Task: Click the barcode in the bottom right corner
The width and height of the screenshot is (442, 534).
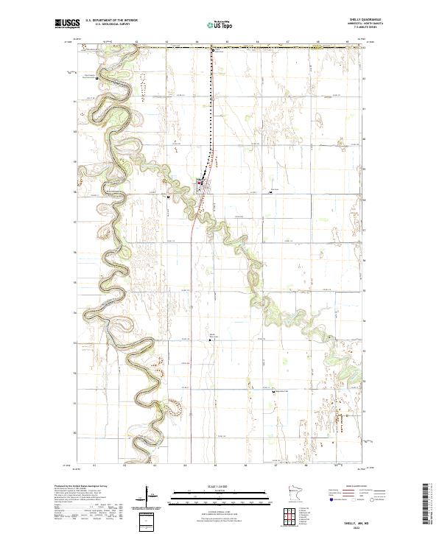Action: [429, 505]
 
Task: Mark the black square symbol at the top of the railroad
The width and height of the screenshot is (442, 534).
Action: [213, 51]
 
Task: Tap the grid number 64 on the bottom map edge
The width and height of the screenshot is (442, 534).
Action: [186, 466]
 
